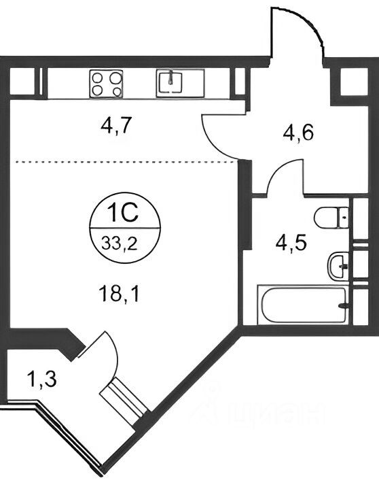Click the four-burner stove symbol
[x=106, y=84]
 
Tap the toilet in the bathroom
[x=331, y=218]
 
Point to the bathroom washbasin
[x=338, y=266]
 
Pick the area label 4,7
[x=115, y=126]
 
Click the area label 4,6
[x=298, y=133]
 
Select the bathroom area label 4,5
[x=291, y=243]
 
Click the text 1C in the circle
[x=122, y=213]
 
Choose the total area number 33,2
[x=120, y=243]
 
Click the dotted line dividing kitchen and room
[x=126, y=162]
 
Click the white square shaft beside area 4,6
[x=354, y=82]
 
